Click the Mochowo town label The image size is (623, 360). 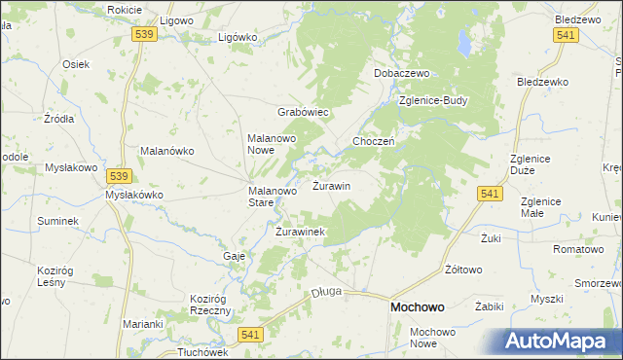417,306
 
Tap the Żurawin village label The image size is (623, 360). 331,185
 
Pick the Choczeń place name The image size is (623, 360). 373,141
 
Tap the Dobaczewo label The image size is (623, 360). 402,74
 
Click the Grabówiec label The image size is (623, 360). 305,112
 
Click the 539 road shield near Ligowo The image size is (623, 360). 144,34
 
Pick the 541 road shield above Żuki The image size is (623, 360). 490,196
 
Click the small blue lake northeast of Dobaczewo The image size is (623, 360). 466,45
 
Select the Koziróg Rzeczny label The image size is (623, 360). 210,304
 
